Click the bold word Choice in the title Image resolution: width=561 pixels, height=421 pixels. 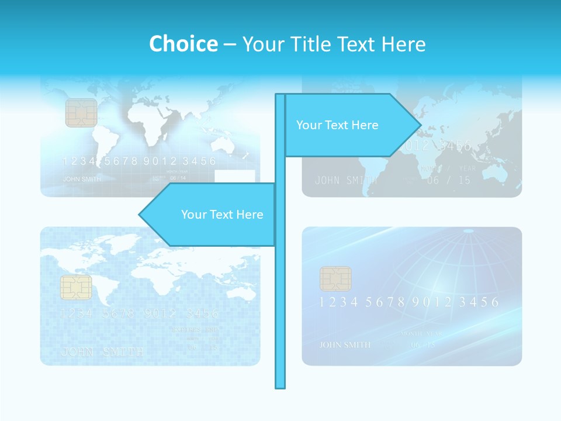click(183, 44)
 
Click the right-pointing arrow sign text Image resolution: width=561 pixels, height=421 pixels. click(337, 125)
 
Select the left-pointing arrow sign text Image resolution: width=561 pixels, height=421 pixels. click(222, 215)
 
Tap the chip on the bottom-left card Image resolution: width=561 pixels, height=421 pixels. click(76, 287)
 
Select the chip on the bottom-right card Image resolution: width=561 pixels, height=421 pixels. click(335, 279)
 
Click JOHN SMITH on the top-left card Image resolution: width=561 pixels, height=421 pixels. click(82, 179)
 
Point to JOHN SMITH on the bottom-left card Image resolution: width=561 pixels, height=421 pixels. click(102, 351)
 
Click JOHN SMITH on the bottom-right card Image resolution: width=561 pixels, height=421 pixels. click(345, 344)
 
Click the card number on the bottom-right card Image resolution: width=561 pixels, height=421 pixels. click(409, 302)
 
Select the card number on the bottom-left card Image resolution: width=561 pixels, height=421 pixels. click(140, 313)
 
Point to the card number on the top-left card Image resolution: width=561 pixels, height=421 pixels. click(139, 161)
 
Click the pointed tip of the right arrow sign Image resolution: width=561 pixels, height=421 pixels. click(420, 125)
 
